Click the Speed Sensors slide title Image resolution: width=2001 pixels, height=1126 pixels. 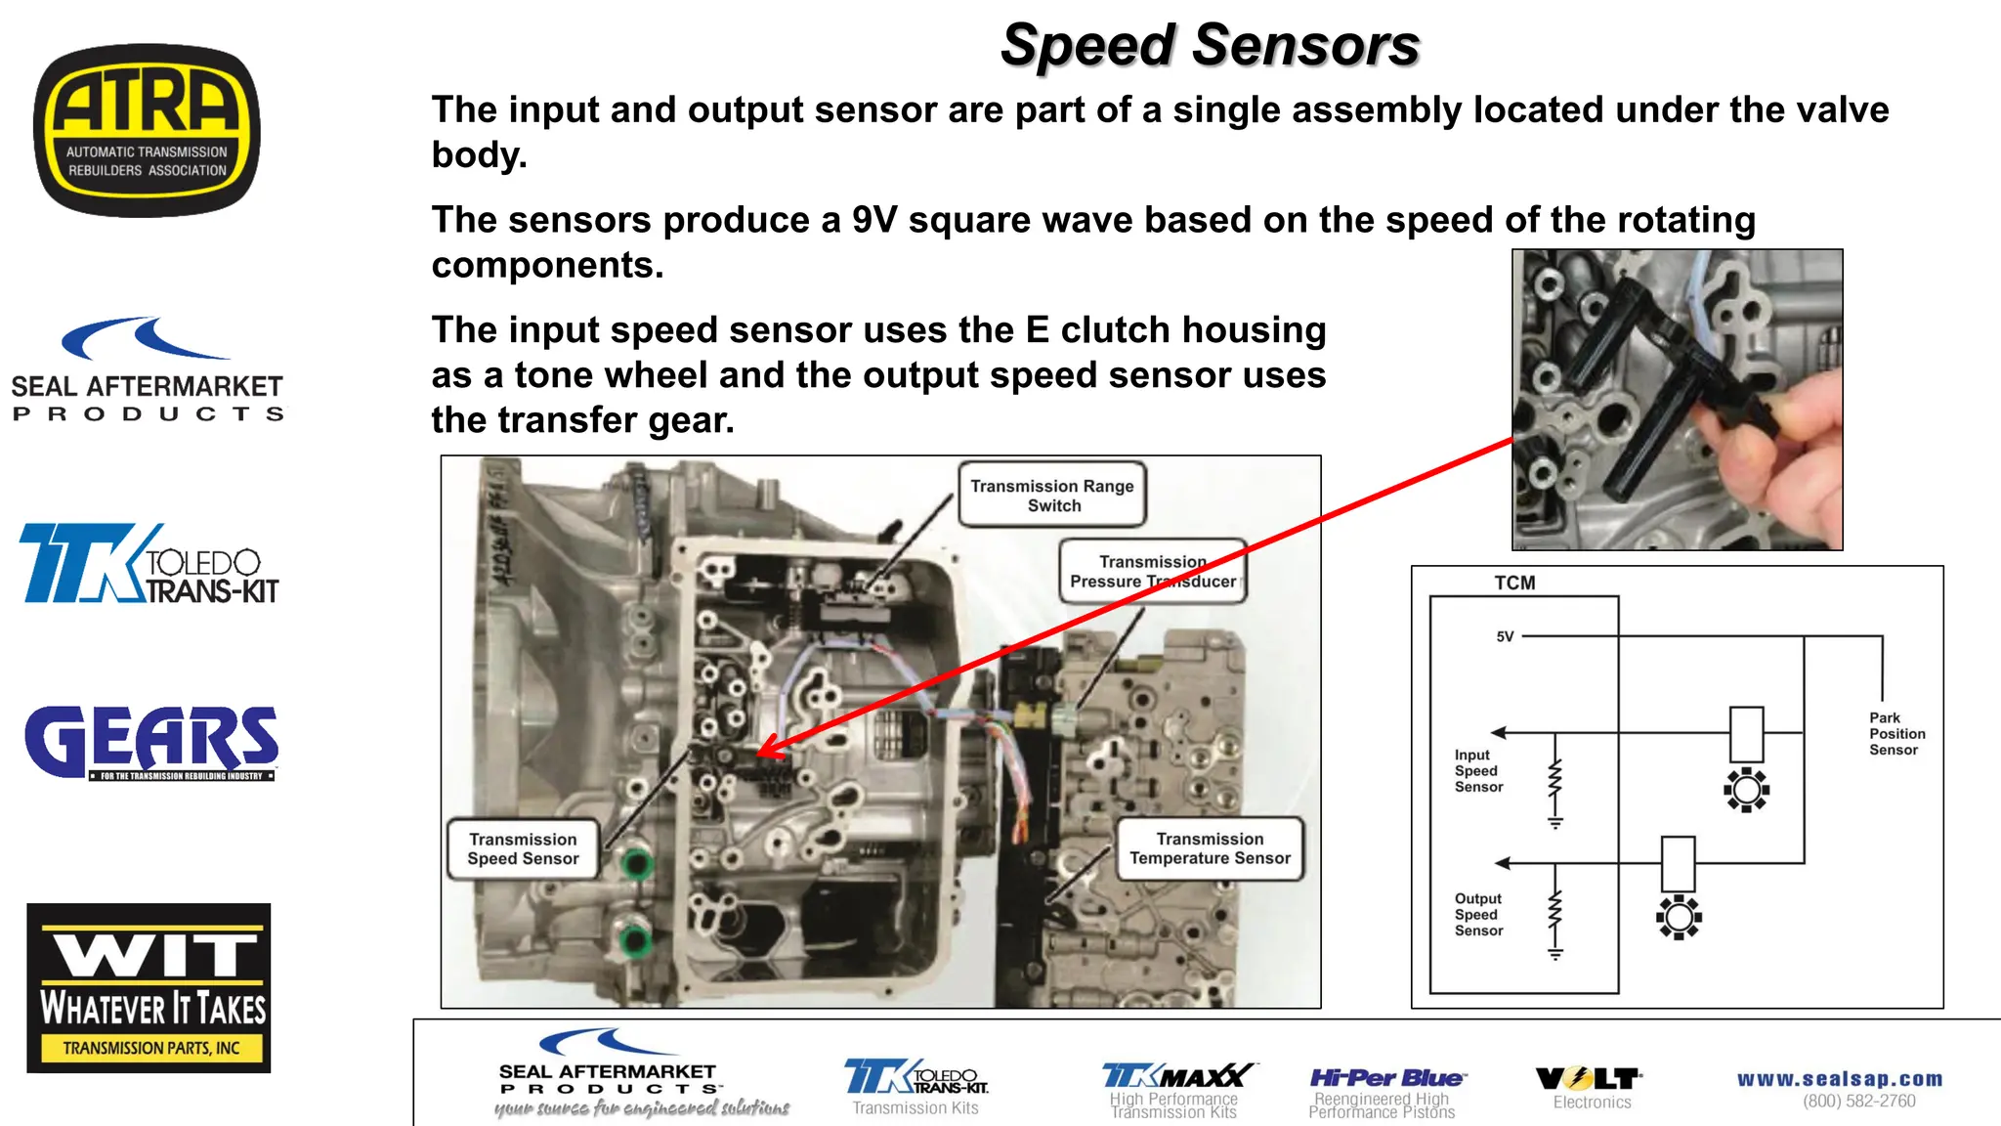click(x=1210, y=46)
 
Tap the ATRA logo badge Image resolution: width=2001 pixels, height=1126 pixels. click(x=147, y=130)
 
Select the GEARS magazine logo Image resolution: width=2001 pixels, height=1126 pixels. click(x=151, y=742)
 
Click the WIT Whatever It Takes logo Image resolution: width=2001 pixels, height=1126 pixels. click(x=149, y=987)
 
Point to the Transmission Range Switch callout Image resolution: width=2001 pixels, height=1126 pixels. click(x=1052, y=496)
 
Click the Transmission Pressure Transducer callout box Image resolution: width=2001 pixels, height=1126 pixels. click(x=1152, y=572)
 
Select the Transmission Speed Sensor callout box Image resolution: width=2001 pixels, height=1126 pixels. click(x=523, y=849)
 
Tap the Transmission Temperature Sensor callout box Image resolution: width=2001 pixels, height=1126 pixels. click(x=1210, y=848)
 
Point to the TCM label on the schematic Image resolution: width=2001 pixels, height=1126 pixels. click(x=1514, y=584)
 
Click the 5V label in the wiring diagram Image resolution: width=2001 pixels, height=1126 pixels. click(x=1505, y=637)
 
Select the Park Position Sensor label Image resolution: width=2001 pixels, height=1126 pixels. click(x=1896, y=734)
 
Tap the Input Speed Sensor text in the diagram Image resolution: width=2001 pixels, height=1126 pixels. click(x=1477, y=770)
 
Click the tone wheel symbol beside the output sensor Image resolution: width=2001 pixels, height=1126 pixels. click(x=1679, y=917)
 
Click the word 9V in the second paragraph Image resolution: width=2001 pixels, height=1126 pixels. click(x=873, y=221)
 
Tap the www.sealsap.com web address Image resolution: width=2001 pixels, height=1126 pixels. click(x=1840, y=1079)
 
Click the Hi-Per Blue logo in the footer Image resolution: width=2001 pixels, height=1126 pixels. click(x=1386, y=1079)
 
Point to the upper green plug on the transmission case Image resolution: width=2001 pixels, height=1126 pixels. click(x=637, y=863)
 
